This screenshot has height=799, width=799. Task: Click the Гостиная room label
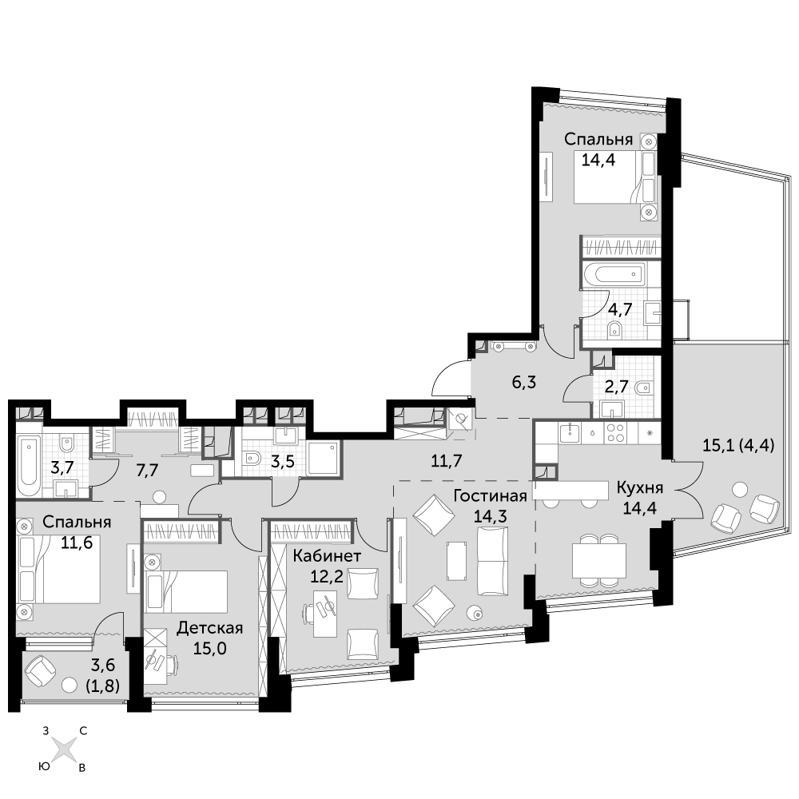pos(490,496)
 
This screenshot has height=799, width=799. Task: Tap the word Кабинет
pos(327,556)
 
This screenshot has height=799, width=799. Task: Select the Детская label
pos(209,628)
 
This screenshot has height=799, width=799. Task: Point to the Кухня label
pos(639,488)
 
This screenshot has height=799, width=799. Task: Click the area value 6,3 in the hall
pos(524,382)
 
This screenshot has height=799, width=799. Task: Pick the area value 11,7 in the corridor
pos(447,461)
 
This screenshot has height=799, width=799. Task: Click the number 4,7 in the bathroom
pos(620,308)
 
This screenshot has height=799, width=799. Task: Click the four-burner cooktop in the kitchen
pos(615,432)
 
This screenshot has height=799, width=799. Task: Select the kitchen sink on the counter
pos(570,432)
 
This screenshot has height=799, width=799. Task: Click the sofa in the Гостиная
pos(493,561)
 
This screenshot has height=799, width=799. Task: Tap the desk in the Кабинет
pos(325,614)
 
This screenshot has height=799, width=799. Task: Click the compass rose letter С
pos(83,731)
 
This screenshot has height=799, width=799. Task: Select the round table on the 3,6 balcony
pos(69,686)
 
